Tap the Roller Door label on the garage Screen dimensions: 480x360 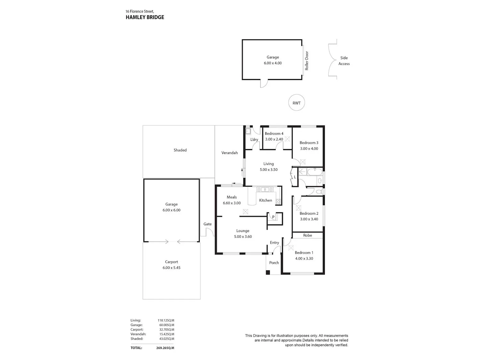[307, 61]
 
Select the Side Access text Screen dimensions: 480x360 [344, 61]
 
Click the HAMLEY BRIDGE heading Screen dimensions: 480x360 [145, 17]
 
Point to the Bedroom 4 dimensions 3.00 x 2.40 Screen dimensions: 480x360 [274, 139]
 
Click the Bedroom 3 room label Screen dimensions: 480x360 [309, 143]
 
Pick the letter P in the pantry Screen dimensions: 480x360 [273, 217]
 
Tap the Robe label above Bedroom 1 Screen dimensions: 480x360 [308, 235]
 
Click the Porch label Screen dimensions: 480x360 [274, 262]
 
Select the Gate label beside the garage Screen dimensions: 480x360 [208, 224]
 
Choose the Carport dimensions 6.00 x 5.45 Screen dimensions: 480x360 [172, 268]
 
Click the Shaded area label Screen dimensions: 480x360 [180, 150]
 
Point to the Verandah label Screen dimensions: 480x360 [229, 153]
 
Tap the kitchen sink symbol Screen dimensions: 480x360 [265, 189]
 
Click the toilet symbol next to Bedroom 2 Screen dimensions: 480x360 [319, 192]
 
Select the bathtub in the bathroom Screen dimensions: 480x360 [315, 172]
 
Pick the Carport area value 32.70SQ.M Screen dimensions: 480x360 [167, 329]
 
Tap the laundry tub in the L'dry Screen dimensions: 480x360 [248, 132]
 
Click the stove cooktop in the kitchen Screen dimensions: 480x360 [278, 202]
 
